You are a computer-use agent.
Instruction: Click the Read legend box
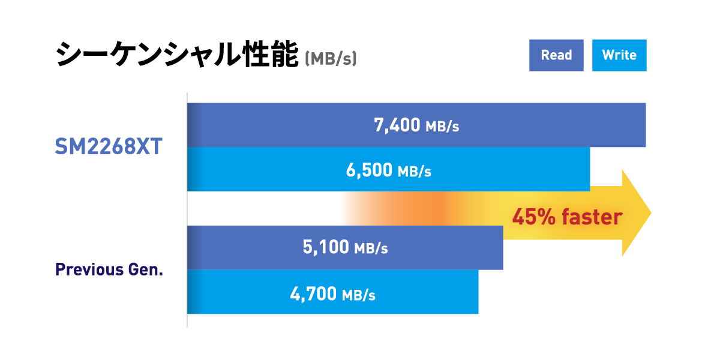coord(556,55)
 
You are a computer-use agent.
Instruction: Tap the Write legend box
coord(619,55)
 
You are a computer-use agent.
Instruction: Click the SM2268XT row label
coord(109,147)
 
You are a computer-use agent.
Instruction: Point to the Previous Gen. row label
coord(109,269)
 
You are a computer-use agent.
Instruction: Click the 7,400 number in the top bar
coord(397,125)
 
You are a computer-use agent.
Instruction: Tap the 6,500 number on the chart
coord(369,170)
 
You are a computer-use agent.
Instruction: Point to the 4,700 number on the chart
coord(313,294)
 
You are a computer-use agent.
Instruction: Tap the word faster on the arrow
coord(592,216)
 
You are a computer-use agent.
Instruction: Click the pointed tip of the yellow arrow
coord(650,212)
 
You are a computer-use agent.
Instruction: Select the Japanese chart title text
coord(177,55)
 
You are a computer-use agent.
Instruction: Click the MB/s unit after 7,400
coord(442,127)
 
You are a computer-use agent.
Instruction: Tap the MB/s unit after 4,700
coord(358,295)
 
